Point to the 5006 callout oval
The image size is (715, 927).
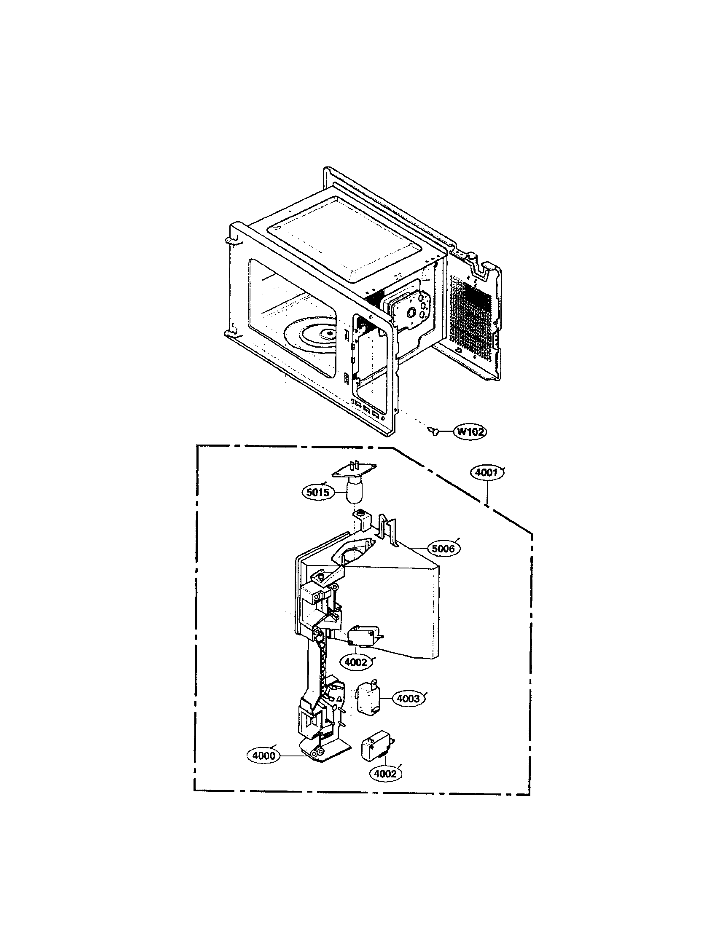pyautogui.click(x=443, y=549)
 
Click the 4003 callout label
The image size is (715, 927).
pyautogui.click(x=408, y=698)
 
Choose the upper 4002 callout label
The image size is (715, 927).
pyautogui.click(x=356, y=662)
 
